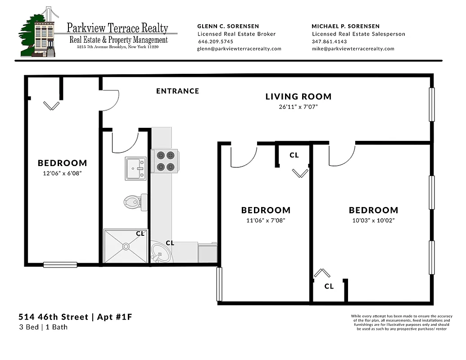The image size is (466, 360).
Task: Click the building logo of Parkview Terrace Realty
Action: [x=39, y=32]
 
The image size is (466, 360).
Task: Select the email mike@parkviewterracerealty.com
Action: [x=353, y=49]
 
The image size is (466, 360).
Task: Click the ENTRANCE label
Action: [x=177, y=91]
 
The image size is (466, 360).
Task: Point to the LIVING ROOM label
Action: [x=298, y=96]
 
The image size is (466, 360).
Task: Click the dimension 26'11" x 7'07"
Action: [x=298, y=107]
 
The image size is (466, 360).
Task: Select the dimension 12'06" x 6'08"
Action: [x=62, y=173]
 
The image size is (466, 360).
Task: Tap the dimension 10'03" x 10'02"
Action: [x=373, y=220]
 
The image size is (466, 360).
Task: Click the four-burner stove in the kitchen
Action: [x=164, y=161]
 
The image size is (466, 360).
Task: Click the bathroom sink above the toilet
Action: [x=136, y=168]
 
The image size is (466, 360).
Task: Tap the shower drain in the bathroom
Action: [x=126, y=246]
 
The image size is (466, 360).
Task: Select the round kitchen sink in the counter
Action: [x=160, y=253]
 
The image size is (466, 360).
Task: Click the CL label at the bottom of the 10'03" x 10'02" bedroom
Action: [x=329, y=286]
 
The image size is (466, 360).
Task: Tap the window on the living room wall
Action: [x=432, y=104]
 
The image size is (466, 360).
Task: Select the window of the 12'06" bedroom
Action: [x=60, y=265]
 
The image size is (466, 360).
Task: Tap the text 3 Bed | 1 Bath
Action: [x=43, y=327]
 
